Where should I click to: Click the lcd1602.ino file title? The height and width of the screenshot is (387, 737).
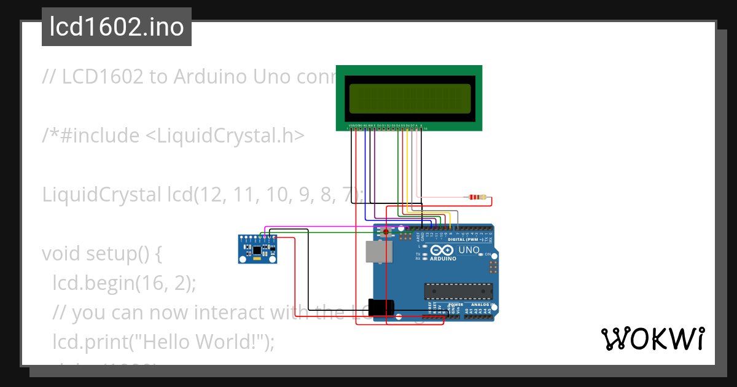click(117, 27)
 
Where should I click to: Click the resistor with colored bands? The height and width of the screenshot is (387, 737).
click(477, 197)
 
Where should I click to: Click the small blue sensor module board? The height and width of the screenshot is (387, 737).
click(257, 249)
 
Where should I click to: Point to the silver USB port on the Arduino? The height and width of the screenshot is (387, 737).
click(378, 252)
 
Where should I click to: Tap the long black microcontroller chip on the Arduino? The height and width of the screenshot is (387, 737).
click(459, 291)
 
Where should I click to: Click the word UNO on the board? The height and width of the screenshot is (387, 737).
click(469, 250)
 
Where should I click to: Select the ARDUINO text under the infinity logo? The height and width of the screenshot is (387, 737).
click(443, 259)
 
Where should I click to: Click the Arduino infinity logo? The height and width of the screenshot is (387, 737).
click(443, 251)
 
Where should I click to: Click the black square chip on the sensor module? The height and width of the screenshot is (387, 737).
click(255, 250)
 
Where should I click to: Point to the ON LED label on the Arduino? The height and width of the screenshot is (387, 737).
click(489, 254)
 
